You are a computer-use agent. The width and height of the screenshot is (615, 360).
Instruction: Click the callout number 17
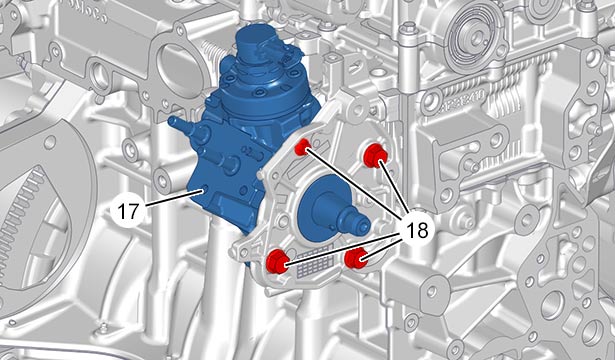[x=128, y=211]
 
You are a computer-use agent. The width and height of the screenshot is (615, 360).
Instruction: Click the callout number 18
[x=417, y=230]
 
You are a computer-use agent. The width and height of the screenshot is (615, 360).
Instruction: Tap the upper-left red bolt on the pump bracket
[x=302, y=147]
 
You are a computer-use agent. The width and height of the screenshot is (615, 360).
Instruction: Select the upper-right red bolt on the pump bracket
[x=375, y=156]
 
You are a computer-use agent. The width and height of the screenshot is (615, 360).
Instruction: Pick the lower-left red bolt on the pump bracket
[x=277, y=262]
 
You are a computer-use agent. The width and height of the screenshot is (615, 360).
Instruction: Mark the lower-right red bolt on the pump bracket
[x=356, y=258]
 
